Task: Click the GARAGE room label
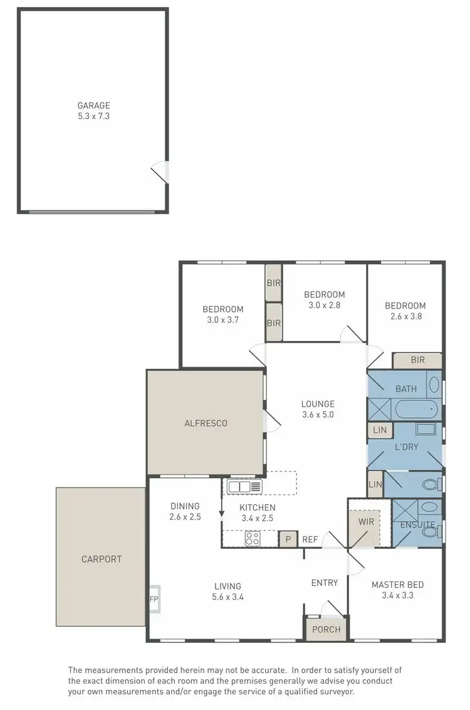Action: click(x=93, y=106)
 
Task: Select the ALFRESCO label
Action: click(x=206, y=423)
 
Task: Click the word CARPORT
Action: click(x=101, y=559)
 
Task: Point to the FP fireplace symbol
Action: click(x=154, y=598)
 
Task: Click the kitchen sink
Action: click(x=244, y=486)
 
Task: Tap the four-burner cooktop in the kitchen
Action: click(x=253, y=538)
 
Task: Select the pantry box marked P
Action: click(x=288, y=539)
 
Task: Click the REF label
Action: click(x=310, y=539)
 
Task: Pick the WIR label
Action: click(x=366, y=521)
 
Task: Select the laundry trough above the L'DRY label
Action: click(x=426, y=430)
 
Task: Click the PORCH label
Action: click(x=326, y=629)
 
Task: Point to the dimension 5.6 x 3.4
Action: click(x=227, y=597)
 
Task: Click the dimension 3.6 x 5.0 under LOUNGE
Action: click(x=318, y=414)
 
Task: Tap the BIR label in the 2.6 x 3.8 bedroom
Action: click(x=417, y=361)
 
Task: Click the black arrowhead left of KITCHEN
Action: click(x=221, y=514)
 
